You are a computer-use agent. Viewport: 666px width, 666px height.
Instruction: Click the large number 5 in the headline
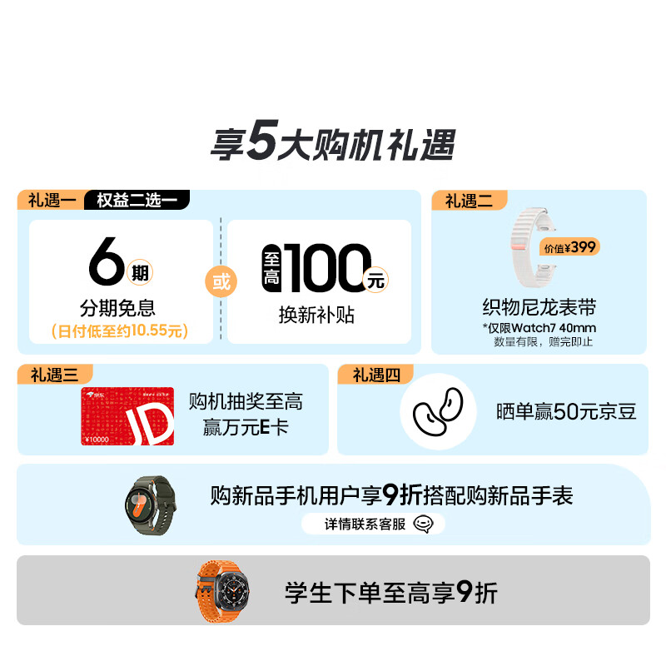260,144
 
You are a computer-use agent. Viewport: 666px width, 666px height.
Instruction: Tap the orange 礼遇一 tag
50,201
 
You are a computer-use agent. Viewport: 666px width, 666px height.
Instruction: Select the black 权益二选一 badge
137,201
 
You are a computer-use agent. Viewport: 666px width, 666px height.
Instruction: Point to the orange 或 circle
221,281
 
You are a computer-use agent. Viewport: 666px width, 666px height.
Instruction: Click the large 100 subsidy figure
327,267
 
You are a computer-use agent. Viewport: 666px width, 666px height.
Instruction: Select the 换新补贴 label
316,315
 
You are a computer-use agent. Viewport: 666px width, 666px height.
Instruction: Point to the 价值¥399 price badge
570,247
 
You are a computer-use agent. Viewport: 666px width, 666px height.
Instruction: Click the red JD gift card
127,416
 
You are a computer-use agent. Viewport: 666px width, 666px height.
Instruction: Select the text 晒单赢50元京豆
566,411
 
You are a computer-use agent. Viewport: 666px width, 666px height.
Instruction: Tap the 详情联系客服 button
373,524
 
